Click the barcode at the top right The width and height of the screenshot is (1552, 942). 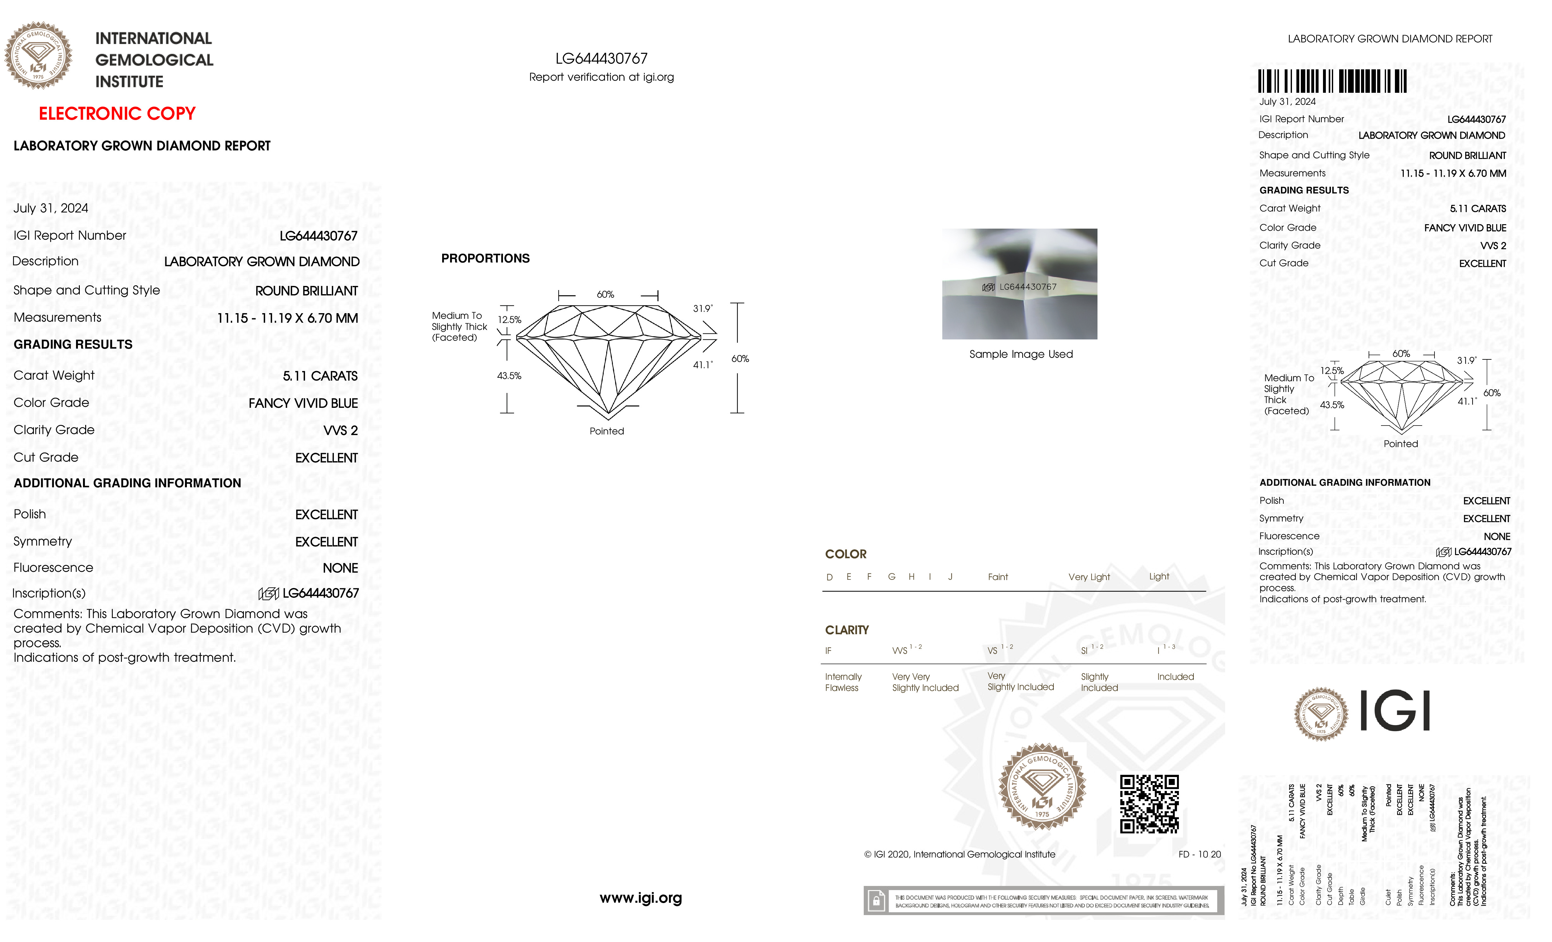click(1332, 81)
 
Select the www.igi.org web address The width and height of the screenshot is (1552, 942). click(640, 898)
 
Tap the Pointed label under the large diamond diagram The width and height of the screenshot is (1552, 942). click(607, 431)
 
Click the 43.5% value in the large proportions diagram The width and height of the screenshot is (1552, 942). click(509, 376)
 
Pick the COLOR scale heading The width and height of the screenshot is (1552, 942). click(845, 554)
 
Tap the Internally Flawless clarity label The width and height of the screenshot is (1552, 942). click(843, 682)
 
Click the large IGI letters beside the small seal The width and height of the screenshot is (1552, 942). click(1395, 711)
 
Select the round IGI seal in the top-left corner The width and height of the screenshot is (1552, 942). click(38, 55)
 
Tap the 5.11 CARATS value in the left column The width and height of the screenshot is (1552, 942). click(320, 376)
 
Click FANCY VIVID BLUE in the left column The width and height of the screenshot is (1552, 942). click(303, 403)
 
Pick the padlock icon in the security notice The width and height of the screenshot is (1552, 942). click(875, 901)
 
